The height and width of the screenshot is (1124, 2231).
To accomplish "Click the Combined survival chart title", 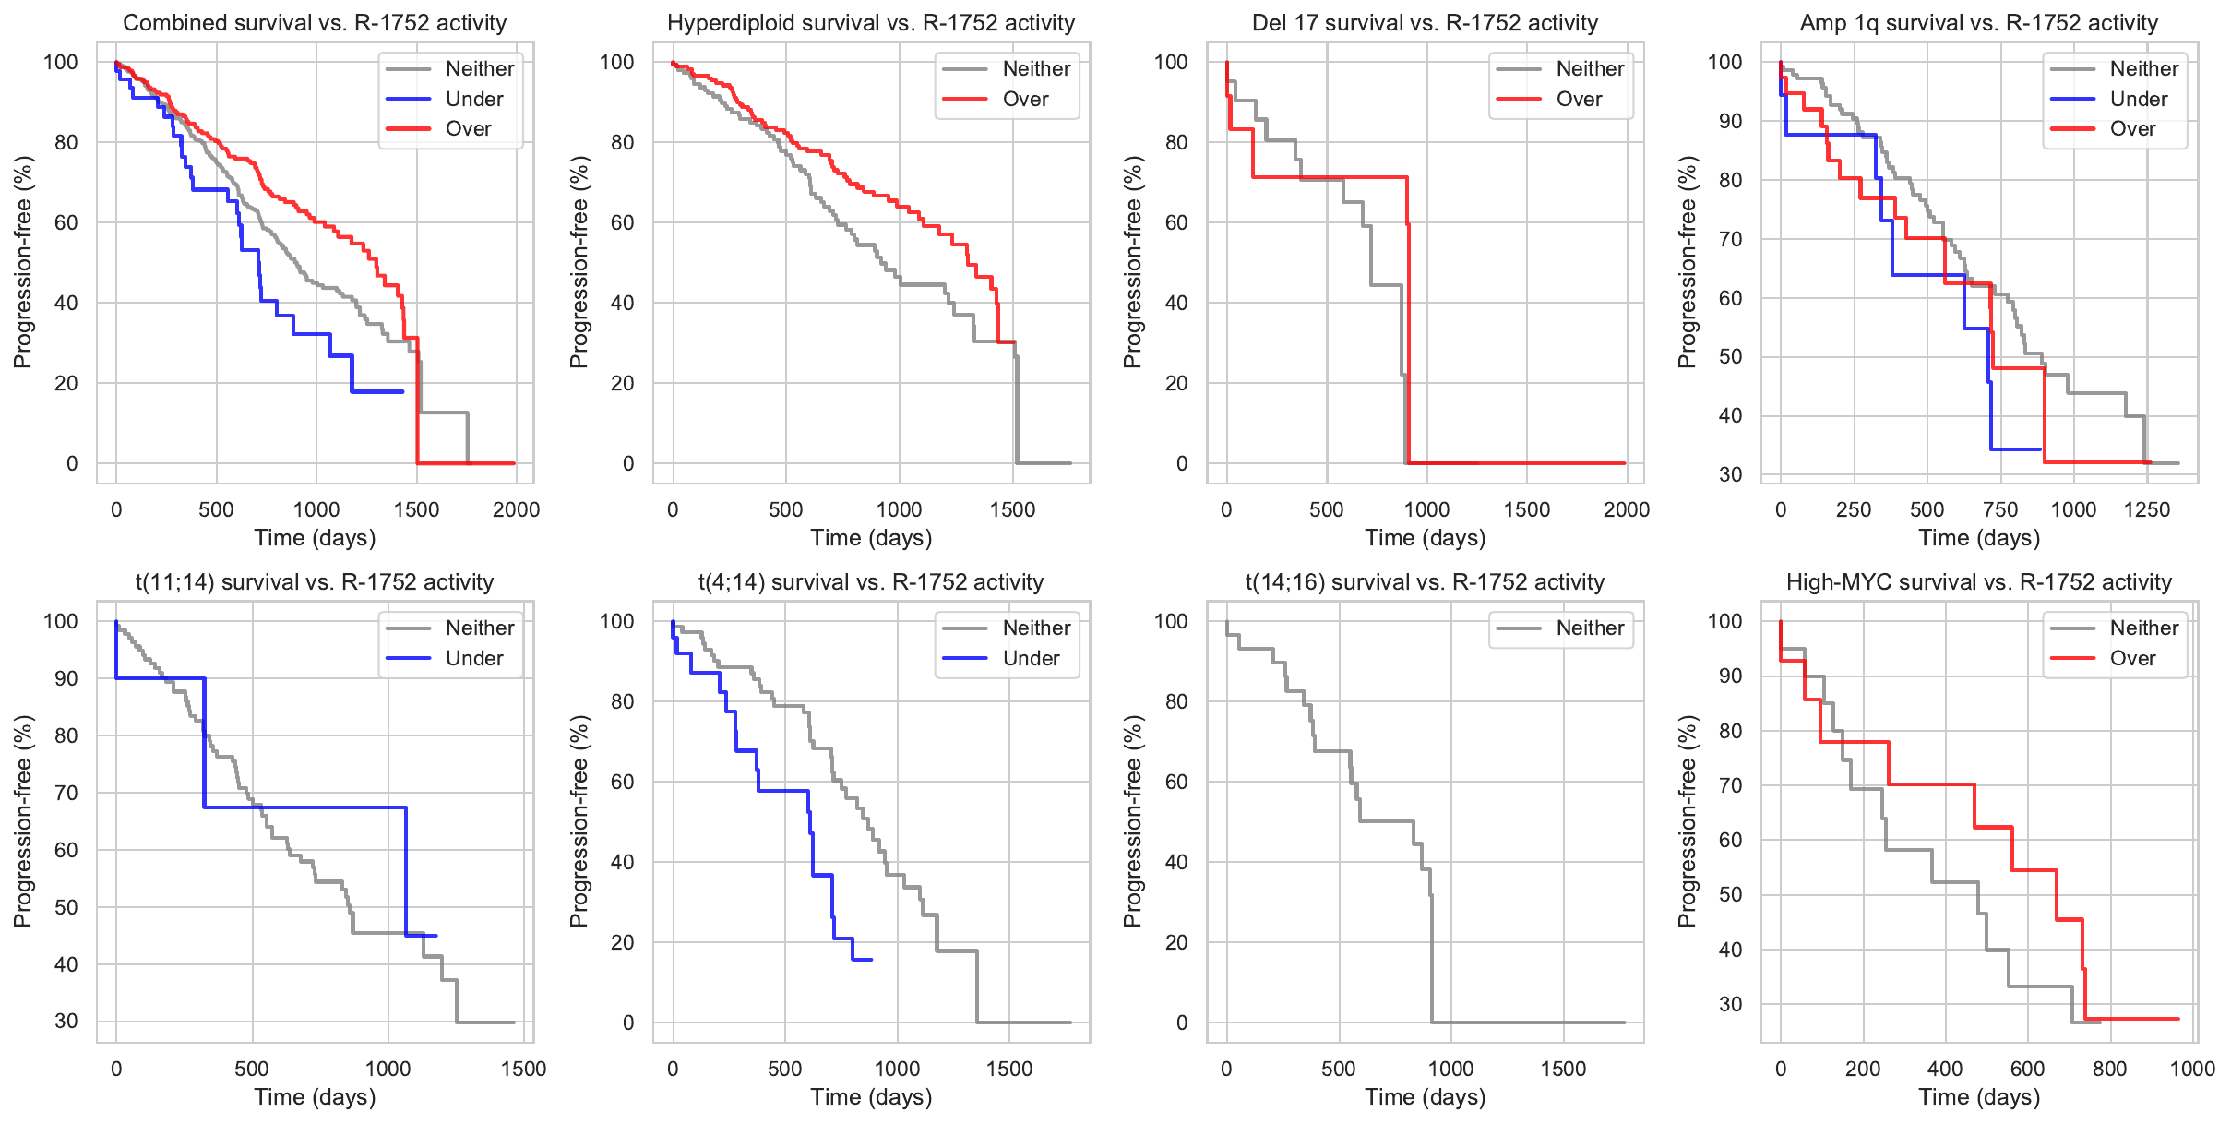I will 315,23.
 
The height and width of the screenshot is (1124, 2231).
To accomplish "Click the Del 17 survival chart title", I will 1425,23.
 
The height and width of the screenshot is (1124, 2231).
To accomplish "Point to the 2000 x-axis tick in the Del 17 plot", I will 1627,509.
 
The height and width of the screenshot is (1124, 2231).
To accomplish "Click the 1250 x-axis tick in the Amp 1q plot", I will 2147,509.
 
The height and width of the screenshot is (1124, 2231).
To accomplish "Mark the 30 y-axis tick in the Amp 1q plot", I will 1730,474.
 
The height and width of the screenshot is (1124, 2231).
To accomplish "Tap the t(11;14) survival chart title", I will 315,582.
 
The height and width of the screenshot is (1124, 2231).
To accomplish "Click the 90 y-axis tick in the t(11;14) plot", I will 66,678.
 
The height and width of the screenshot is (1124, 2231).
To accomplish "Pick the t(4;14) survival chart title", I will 871,582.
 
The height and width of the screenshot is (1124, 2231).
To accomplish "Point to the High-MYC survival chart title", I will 1979,582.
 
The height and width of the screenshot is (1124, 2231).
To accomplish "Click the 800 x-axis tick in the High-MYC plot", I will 2110,1069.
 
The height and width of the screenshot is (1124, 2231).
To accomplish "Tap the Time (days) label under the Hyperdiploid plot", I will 871,538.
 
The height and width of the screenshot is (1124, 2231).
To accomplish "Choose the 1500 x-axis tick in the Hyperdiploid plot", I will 1012,509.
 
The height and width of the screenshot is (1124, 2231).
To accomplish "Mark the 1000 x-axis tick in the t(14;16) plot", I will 1450,1069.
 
